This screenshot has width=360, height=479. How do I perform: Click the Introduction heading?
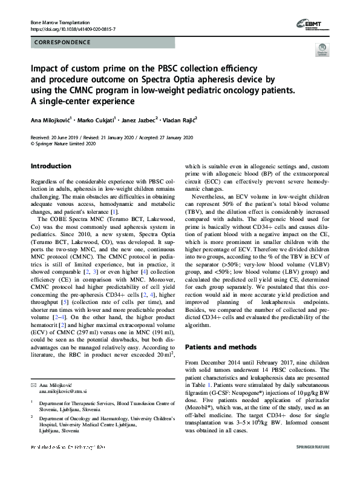coord(51,166)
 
